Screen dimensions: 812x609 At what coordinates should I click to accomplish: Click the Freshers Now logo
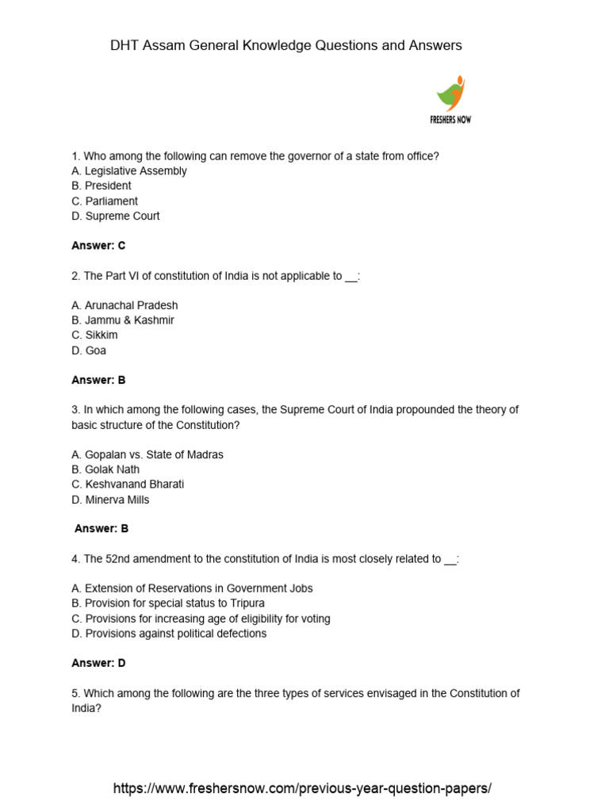pyautogui.click(x=451, y=99)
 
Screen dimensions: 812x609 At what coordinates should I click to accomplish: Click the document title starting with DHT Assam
pyautogui.click(x=285, y=46)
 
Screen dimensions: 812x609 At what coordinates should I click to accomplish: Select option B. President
pyautogui.click(x=101, y=186)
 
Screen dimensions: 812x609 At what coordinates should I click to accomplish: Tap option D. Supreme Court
pyautogui.click(x=116, y=216)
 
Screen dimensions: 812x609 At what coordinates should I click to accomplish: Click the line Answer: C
pyautogui.click(x=98, y=246)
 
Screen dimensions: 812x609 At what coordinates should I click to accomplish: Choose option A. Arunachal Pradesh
pyautogui.click(x=124, y=305)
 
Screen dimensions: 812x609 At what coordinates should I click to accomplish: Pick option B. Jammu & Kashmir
pyautogui.click(x=123, y=320)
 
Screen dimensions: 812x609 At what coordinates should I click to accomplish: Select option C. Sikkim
pyautogui.click(x=94, y=335)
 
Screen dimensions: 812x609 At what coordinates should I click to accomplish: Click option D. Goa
pyautogui.click(x=89, y=350)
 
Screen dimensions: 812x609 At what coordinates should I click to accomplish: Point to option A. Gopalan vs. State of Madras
pyautogui.click(x=147, y=454)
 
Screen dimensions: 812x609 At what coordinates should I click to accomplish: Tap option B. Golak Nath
pyautogui.click(x=105, y=469)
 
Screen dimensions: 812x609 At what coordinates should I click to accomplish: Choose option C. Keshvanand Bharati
pyautogui.click(x=128, y=485)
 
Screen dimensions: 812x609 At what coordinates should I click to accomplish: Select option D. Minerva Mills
pyautogui.click(x=110, y=500)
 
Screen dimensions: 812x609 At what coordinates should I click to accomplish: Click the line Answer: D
pyautogui.click(x=98, y=663)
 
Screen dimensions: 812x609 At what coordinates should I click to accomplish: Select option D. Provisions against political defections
pyautogui.click(x=169, y=634)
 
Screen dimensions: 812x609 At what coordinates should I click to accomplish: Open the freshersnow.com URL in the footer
pyautogui.click(x=302, y=788)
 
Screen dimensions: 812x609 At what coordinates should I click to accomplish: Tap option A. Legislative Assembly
pyautogui.click(x=129, y=170)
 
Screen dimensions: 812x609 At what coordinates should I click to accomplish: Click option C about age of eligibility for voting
pyautogui.click(x=201, y=619)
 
